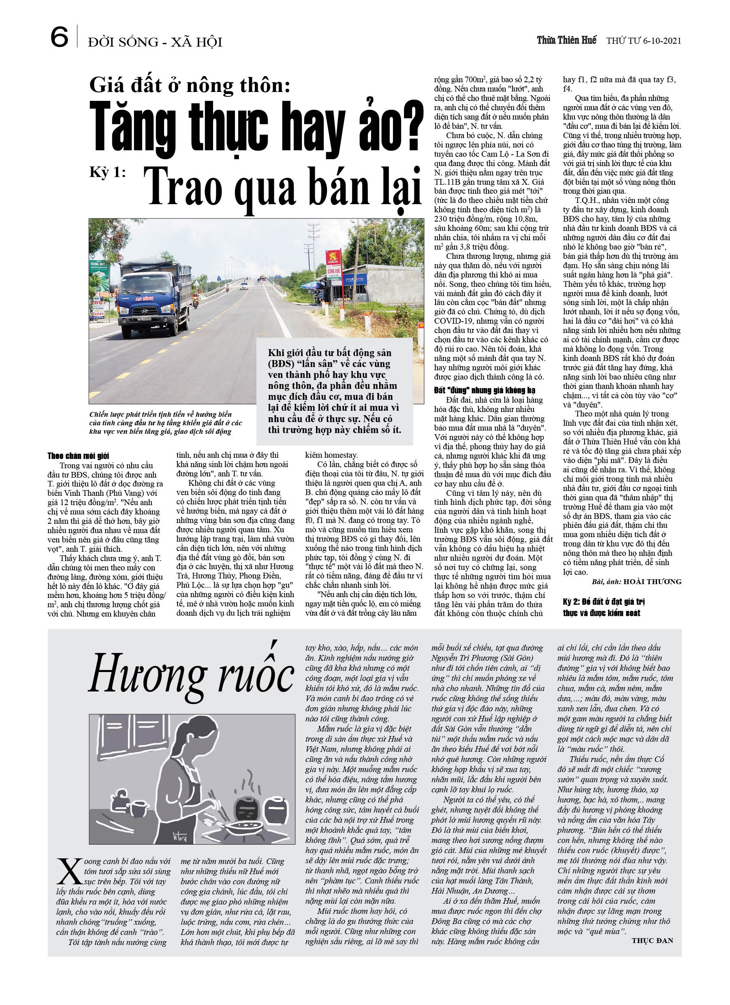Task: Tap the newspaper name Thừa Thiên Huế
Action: coord(566,41)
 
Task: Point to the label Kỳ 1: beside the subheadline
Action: coord(108,173)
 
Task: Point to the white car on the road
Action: coord(244,286)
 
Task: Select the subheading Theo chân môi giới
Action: coord(79,456)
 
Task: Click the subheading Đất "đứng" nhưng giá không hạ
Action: coord(485,390)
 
